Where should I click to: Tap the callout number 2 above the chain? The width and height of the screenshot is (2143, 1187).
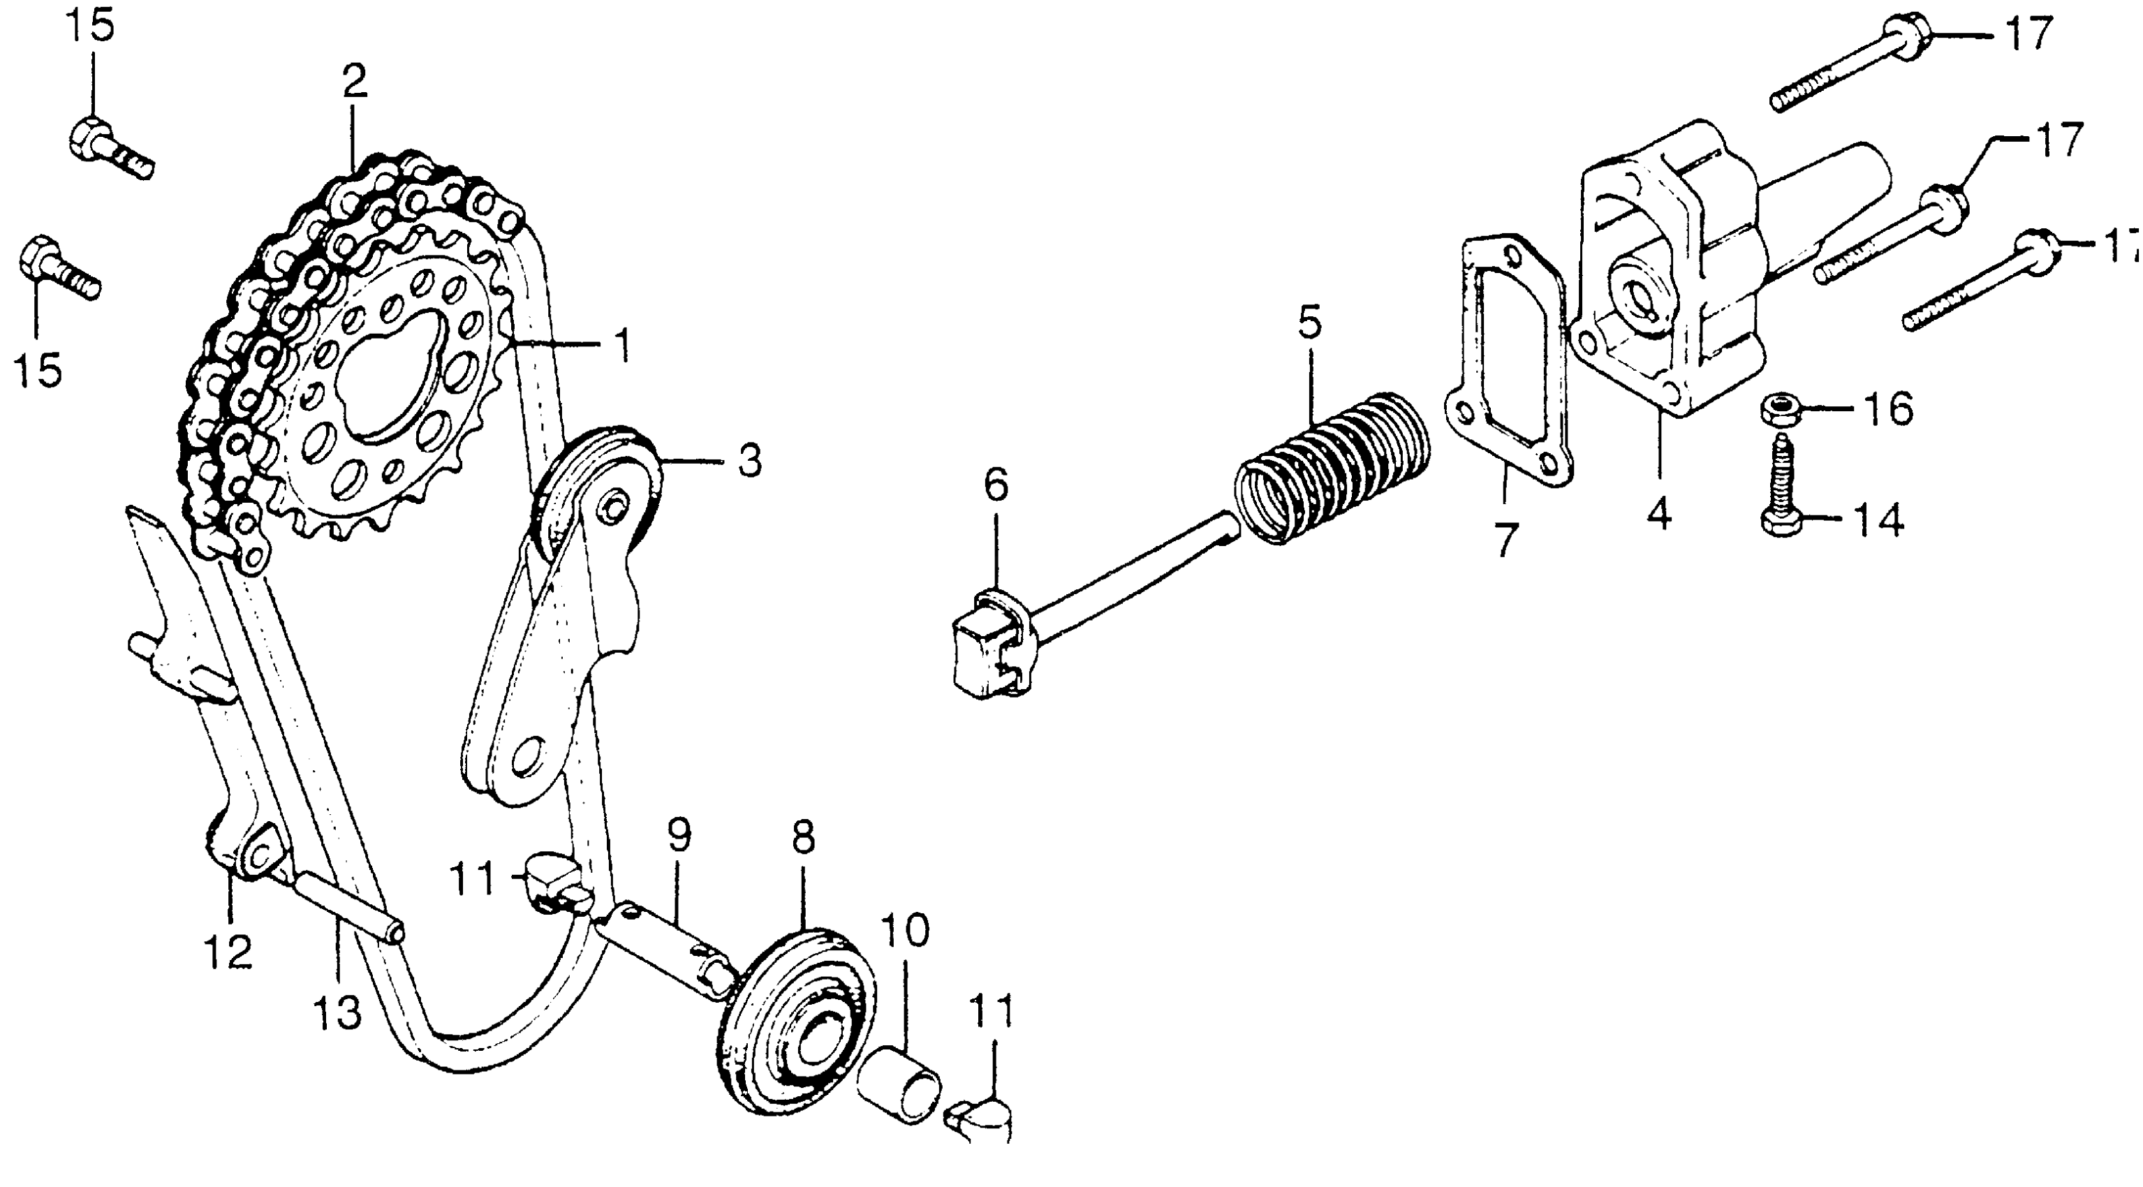coord(353,82)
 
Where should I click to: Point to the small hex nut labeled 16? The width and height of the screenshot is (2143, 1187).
coord(1781,409)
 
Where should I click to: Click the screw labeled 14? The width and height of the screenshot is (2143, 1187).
coord(1781,491)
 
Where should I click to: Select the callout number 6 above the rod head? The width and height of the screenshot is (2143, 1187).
coord(996,484)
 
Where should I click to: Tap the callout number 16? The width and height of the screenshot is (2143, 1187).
coord(1888,409)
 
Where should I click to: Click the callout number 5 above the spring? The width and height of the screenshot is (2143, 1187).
coord(1309,323)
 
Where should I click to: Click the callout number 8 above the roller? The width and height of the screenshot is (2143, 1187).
coord(803,838)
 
